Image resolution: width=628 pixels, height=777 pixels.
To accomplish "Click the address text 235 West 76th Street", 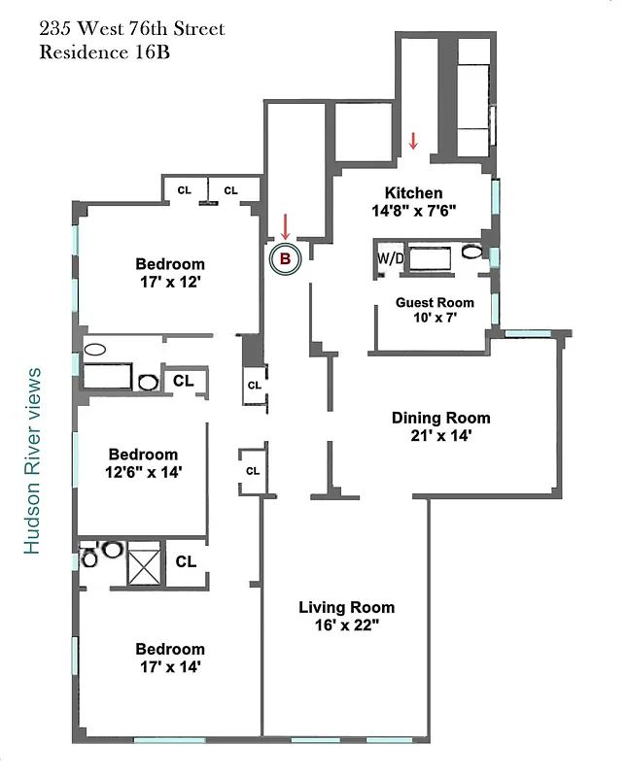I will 131,29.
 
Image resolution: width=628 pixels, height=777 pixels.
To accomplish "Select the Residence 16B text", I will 105,52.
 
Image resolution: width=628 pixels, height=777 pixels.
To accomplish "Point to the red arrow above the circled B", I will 285,226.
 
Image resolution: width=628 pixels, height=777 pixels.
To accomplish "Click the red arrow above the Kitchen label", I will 413,141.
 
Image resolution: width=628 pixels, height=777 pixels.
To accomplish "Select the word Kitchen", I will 413,193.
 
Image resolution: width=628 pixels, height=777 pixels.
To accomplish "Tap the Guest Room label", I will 435,302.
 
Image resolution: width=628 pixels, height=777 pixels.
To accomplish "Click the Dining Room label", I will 440,418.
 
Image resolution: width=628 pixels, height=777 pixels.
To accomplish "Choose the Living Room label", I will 346,608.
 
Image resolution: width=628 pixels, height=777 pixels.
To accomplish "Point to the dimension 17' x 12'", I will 170,282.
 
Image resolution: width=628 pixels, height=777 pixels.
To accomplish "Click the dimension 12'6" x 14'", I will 143,472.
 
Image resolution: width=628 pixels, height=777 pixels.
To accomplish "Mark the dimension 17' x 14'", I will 170,667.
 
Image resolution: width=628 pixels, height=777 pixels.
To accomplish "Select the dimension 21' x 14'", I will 440,436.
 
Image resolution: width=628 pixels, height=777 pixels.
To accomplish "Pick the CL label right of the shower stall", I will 186,561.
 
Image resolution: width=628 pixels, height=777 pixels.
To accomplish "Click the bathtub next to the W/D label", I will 428,258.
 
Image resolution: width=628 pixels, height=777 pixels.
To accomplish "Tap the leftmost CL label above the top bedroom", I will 184,190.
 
